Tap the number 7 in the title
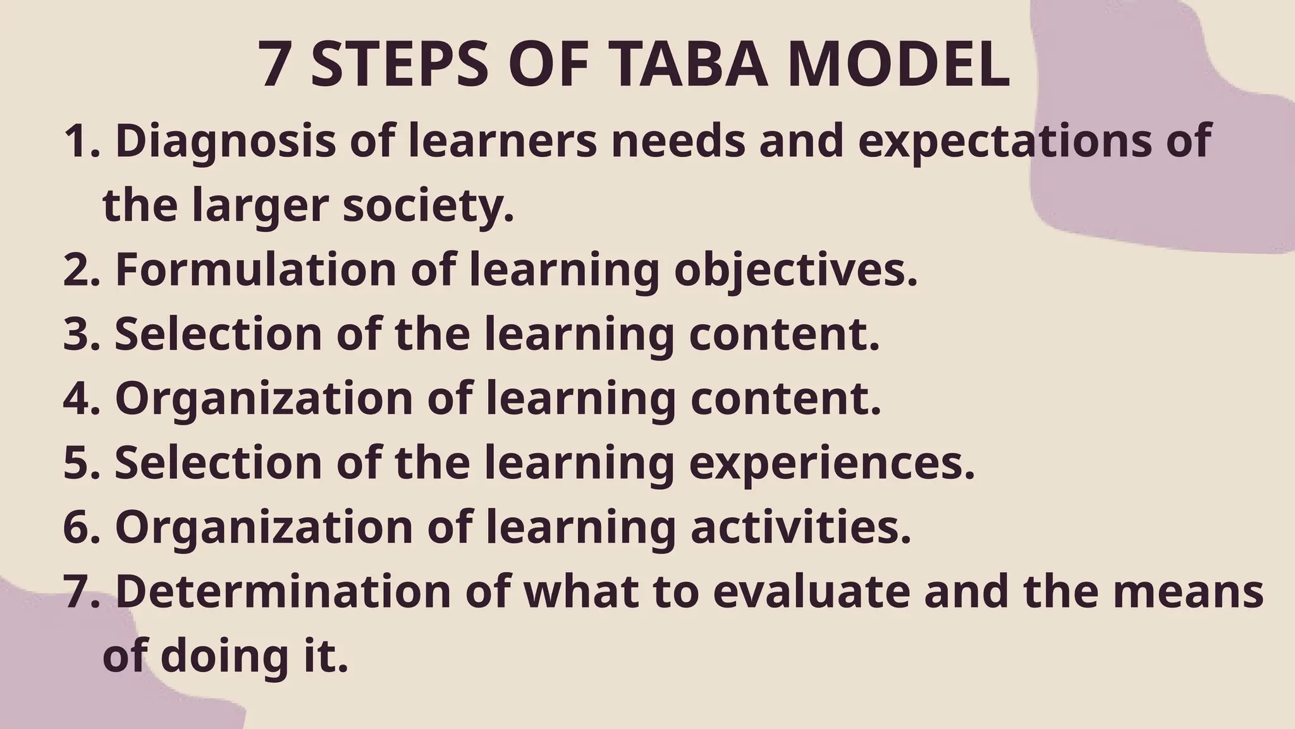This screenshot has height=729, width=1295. point(274,66)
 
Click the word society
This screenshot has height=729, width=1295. point(428,206)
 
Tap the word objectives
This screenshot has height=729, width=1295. point(795,270)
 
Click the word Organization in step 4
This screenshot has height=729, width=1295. point(264,399)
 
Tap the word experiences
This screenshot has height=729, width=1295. point(832,463)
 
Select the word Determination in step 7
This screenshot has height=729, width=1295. point(283,592)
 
